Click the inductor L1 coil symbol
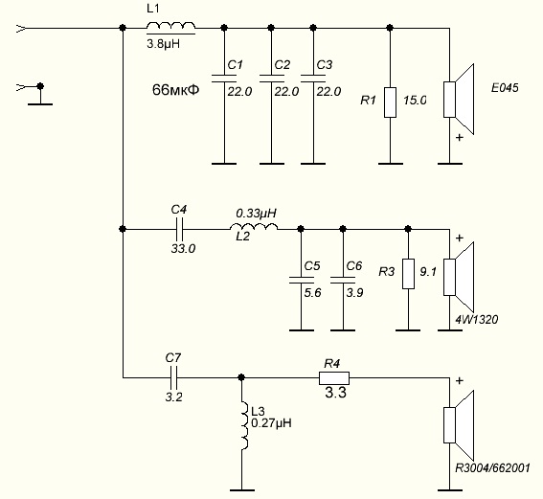coord(170,27)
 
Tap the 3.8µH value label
coord(164,44)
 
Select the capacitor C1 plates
coord(224,79)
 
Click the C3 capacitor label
coord(325,65)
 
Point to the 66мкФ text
coord(175,90)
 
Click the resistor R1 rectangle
coord(390,102)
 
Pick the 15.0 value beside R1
coord(415,101)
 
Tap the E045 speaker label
coord(505,87)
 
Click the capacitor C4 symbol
coord(179,229)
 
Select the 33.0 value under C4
coord(183,248)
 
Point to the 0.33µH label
coord(257,213)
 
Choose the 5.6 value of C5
coord(312,293)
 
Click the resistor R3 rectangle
coord(408,274)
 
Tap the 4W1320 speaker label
coord(477,319)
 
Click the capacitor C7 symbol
coord(174,377)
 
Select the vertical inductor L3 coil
coord(244,426)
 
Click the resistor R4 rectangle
coord(334,377)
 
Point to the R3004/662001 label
coord(492,468)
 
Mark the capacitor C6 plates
coord(343,280)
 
